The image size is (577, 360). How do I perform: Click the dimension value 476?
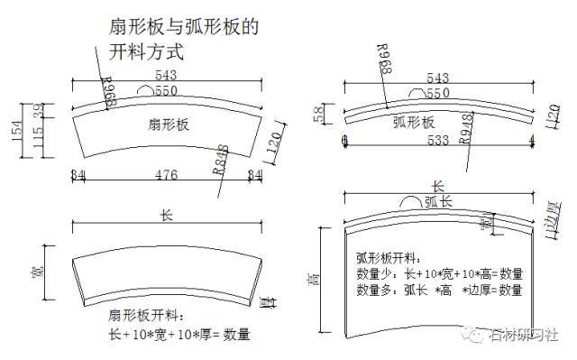[x=167, y=173]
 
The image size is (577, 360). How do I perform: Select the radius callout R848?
[x=221, y=159]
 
